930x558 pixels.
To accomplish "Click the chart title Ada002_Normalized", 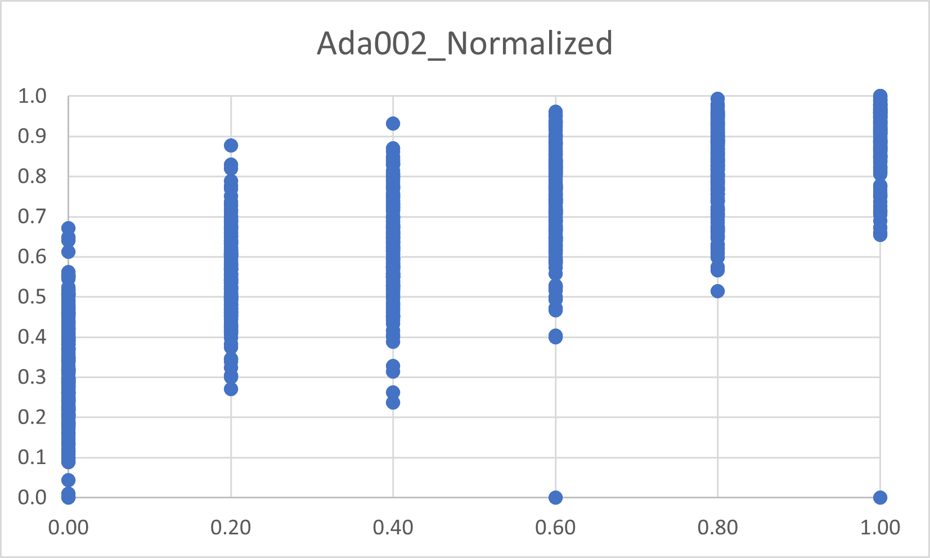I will (465, 43).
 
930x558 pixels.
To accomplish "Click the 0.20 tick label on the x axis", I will (231, 528).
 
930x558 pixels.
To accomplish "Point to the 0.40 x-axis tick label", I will (393, 528).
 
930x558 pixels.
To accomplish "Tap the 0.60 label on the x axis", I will (555, 528).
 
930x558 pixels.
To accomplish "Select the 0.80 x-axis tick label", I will (717, 528).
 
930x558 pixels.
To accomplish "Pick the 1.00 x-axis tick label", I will (880, 528).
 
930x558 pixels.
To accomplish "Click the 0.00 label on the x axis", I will (69, 528).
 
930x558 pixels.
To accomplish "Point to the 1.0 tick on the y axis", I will (32, 96).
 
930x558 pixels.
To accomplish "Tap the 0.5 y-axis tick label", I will (32, 296).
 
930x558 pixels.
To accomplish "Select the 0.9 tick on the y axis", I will (32, 136).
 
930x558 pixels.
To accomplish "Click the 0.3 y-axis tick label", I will (32, 377).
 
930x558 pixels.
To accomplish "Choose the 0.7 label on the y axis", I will (32, 217).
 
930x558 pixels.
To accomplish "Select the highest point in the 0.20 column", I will (231, 146).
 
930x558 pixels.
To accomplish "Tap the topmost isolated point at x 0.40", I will (393, 123).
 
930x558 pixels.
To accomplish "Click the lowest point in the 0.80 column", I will (717, 291).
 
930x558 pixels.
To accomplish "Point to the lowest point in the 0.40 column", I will (393, 403).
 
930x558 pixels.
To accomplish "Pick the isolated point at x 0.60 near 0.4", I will (555, 337).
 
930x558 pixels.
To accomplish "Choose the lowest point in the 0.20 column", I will (231, 389).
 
